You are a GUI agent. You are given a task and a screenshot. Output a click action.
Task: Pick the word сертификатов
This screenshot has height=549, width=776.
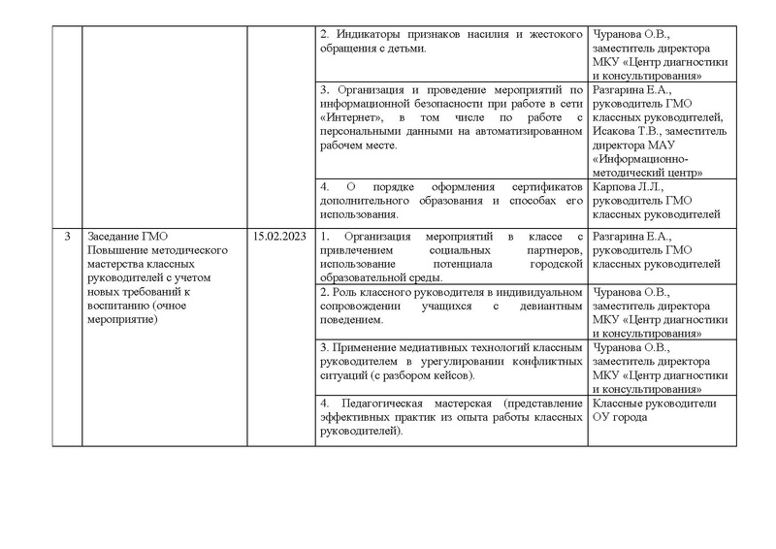pos(545,185)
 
